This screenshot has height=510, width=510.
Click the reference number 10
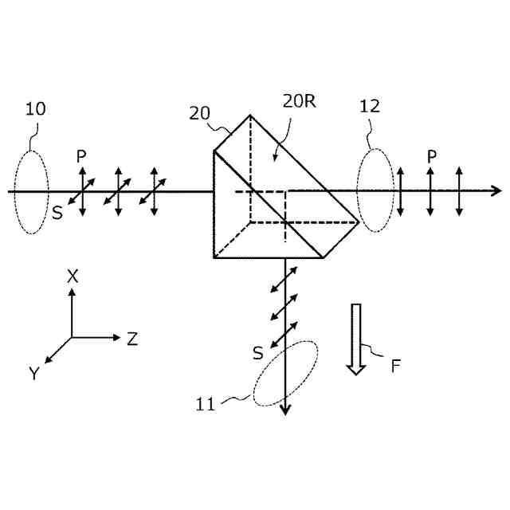click(35, 109)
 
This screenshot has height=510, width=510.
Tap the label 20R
click(298, 101)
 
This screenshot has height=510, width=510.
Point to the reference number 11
click(206, 404)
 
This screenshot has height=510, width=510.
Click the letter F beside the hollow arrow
click(395, 367)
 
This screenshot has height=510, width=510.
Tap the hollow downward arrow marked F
click(355, 338)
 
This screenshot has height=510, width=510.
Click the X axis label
click(73, 277)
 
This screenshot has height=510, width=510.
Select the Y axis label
click(34, 373)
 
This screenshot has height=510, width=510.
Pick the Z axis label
click(132, 339)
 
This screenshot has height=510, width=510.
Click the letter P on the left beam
click(80, 156)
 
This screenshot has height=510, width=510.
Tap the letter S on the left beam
click(57, 212)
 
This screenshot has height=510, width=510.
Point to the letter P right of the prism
click(431, 156)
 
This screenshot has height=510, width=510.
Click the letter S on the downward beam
click(257, 352)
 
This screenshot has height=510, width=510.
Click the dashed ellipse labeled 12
click(375, 191)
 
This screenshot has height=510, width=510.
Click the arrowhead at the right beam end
click(497, 190)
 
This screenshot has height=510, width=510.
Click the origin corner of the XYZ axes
click(72, 337)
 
